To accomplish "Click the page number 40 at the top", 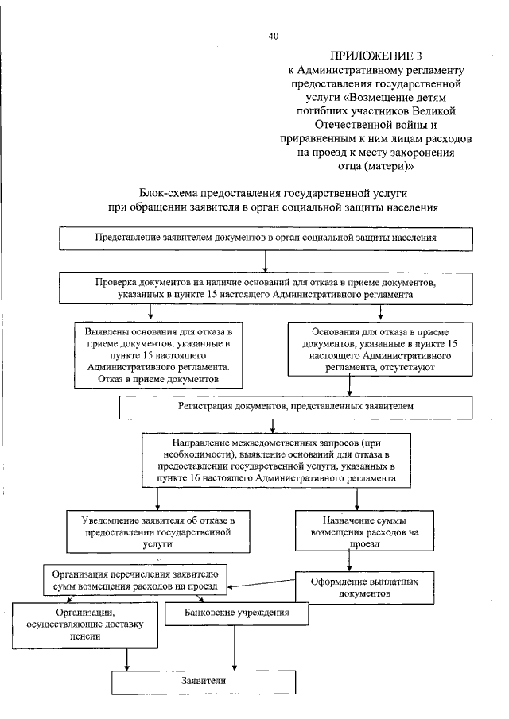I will pos(274,36).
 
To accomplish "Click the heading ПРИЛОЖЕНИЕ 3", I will pos(375,56).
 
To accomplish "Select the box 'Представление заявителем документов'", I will pos(265,237).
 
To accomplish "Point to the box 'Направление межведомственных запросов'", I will pos(278,459).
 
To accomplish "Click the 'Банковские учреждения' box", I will pos(235,613).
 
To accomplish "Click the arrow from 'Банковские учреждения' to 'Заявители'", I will pos(234,647).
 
